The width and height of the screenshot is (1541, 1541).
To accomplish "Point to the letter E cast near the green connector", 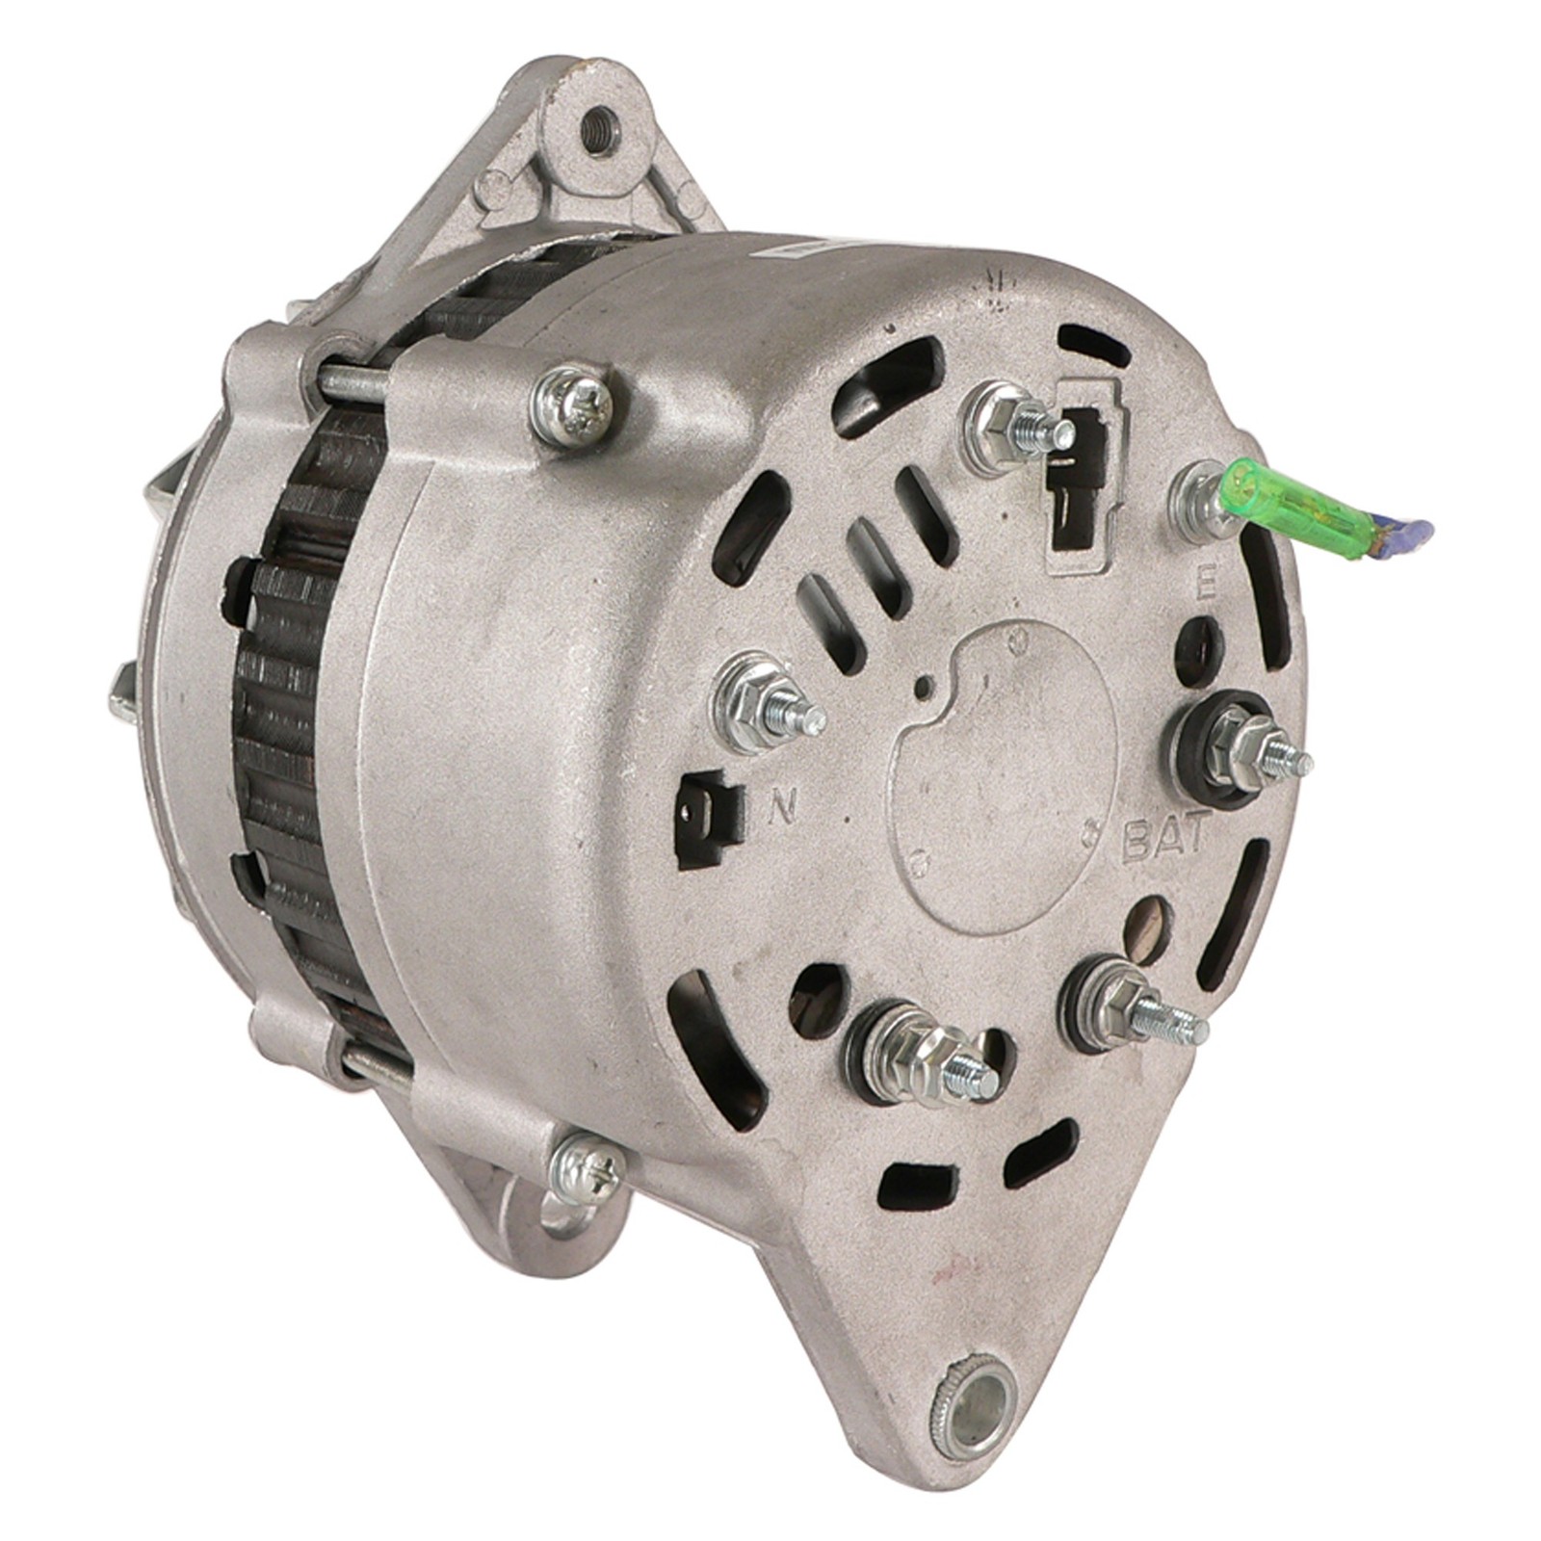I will (1204, 589).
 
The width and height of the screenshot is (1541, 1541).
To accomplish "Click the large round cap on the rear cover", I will (1002, 770).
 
